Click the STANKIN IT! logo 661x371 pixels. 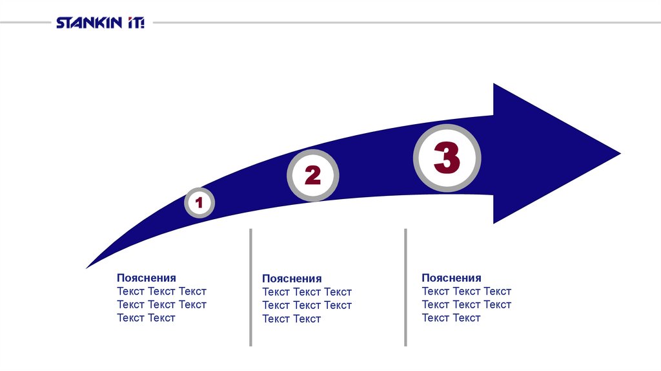click(x=100, y=23)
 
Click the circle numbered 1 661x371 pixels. click(x=199, y=203)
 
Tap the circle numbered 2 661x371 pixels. click(x=312, y=175)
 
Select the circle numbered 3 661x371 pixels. click(x=447, y=158)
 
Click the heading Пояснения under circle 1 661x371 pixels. click(x=147, y=278)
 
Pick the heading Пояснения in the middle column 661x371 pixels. click(x=292, y=279)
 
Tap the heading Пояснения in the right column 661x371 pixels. click(x=451, y=278)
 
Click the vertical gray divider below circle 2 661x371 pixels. click(x=250, y=287)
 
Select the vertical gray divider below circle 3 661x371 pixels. click(x=405, y=287)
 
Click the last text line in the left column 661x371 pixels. click(x=146, y=318)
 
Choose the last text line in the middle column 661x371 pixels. click(x=291, y=319)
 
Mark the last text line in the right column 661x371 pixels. click(x=451, y=318)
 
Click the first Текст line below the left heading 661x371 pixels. click(x=161, y=291)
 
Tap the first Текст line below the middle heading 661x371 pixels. click(x=307, y=292)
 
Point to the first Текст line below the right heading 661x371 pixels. click(x=466, y=291)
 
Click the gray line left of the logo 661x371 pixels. click(x=26, y=23)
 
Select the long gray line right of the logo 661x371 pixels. click(x=407, y=23)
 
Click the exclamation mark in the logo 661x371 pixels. click(x=142, y=23)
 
